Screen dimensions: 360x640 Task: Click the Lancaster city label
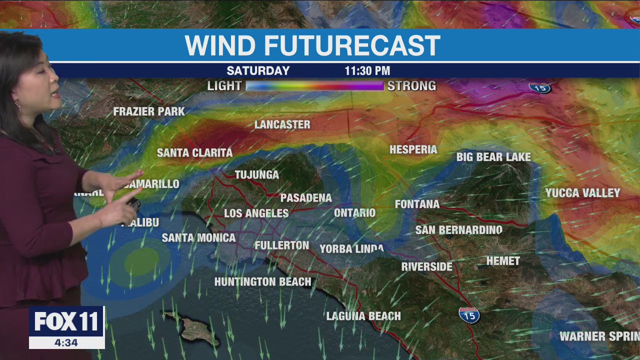(282, 124)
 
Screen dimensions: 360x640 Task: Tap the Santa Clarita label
(194, 152)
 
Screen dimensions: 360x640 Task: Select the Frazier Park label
(149, 111)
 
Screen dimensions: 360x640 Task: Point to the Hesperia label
(413, 149)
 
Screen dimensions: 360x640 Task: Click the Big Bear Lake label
(493, 157)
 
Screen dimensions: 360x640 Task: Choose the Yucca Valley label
(582, 193)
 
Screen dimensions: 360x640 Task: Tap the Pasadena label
(306, 198)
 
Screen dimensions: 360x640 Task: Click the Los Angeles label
(256, 213)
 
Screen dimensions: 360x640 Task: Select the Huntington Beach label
(262, 282)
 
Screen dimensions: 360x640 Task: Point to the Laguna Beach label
(363, 316)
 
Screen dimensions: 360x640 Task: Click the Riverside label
(426, 266)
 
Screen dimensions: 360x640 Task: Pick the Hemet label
(503, 261)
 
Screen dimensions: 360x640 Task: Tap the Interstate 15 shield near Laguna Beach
(469, 315)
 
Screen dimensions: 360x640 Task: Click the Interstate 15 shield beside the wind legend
(539, 87)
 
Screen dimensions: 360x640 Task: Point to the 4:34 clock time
(66, 342)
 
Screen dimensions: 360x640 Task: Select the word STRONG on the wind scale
(411, 86)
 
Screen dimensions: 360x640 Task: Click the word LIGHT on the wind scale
(224, 86)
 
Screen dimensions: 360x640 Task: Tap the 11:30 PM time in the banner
(367, 71)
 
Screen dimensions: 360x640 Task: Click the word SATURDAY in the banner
(258, 71)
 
